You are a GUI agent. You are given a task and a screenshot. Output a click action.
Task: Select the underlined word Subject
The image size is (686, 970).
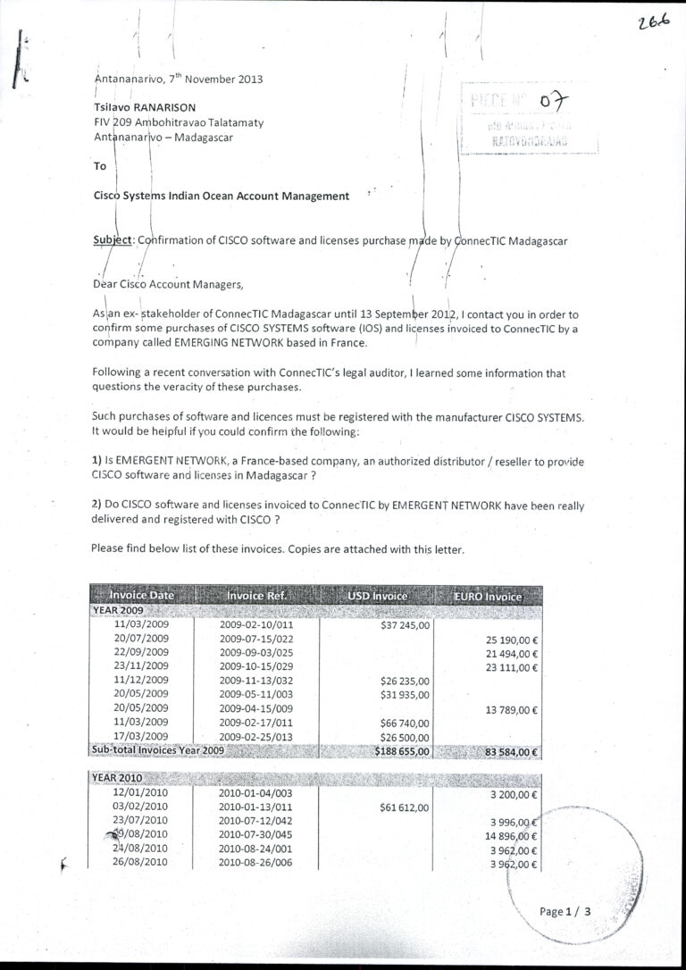(x=112, y=240)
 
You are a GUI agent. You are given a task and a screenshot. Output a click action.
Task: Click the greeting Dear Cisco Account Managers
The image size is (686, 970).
(x=167, y=285)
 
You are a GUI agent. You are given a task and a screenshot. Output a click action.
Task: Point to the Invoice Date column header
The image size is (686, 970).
(x=141, y=596)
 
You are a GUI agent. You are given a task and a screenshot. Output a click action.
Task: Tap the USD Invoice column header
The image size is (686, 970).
(x=377, y=596)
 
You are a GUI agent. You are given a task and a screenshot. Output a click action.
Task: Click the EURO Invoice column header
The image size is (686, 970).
(x=488, y=596)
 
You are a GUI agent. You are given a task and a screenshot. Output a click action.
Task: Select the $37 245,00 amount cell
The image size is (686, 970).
(x=405, y=625)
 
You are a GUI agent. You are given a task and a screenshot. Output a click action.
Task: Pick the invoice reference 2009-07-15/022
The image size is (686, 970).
(x=256, y=639)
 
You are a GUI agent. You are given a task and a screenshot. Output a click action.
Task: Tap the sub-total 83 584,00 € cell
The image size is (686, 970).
(x=511, y=752)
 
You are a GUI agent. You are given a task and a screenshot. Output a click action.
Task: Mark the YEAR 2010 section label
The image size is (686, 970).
(x=117, y=778)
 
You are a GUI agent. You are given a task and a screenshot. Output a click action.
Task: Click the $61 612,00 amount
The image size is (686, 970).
(x=405, y=807)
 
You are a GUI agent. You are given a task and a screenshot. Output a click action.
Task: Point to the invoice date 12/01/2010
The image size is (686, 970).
(x=141, y=792)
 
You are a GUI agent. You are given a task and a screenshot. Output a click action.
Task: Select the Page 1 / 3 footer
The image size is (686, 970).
(x=565, y=912)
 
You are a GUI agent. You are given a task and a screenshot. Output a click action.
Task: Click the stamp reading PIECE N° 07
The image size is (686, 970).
(x=516, y=105)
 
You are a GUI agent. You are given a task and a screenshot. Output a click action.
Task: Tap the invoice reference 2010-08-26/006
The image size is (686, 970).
(x=256, y=863)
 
